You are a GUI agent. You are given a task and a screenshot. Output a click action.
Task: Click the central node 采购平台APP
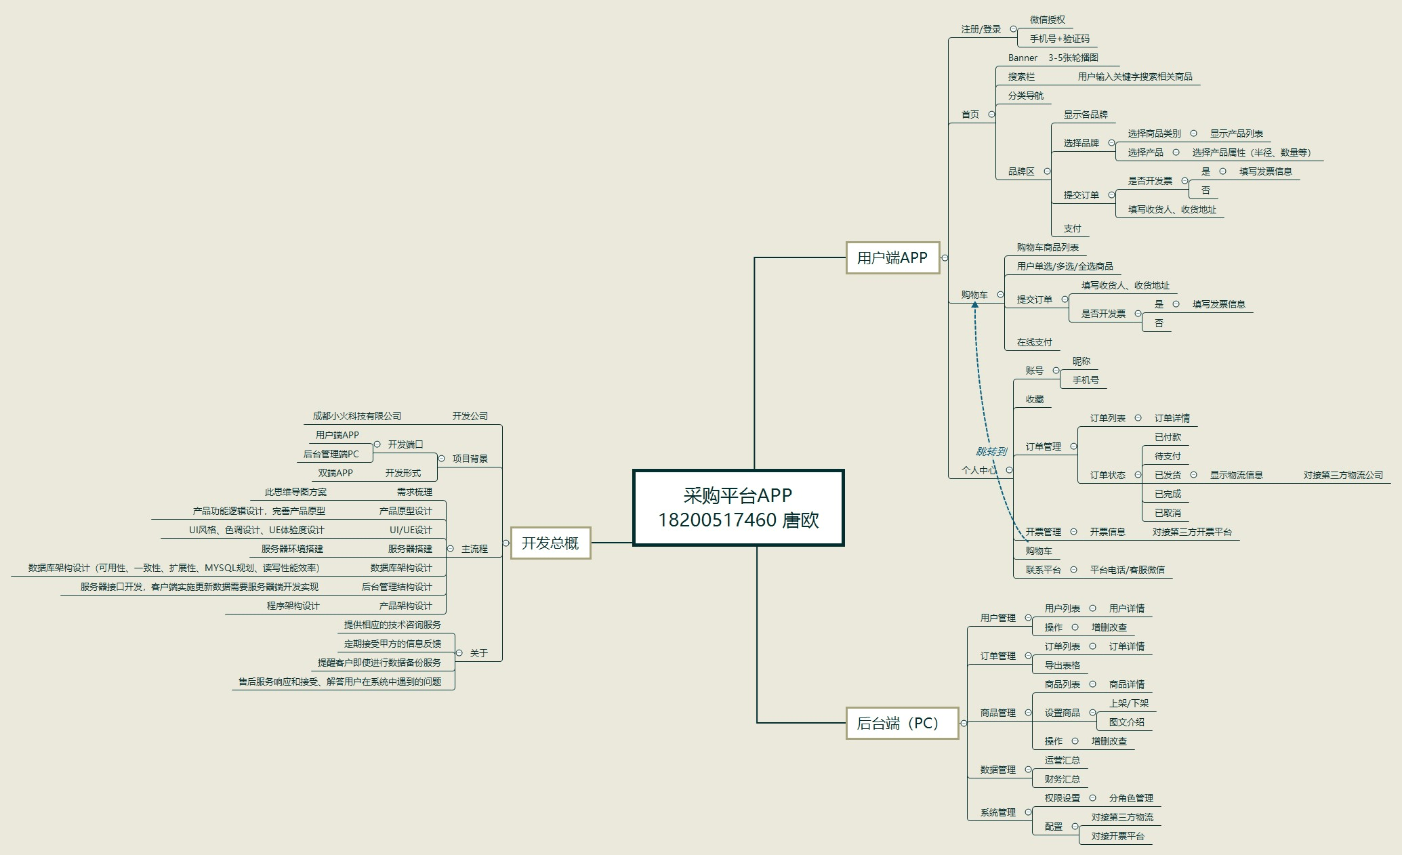738,507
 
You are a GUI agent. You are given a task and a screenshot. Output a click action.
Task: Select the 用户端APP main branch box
892,257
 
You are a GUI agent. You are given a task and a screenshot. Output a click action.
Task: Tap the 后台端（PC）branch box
901,723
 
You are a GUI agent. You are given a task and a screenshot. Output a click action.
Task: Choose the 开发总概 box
550,543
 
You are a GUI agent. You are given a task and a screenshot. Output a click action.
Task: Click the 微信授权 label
1047,20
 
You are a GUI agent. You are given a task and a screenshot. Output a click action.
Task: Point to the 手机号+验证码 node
1059,39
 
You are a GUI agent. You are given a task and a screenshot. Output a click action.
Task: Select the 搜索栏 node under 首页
1021,77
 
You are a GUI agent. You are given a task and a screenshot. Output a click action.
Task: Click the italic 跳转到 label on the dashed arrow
990,451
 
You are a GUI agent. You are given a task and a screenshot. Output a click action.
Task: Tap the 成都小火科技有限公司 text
356,416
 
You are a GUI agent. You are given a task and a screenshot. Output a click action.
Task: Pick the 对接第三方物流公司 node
1342,475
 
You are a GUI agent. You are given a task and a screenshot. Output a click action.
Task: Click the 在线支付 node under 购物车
1034,342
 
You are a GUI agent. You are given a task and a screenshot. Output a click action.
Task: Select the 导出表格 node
1062,665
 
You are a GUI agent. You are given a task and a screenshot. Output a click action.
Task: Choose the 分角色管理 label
1130,798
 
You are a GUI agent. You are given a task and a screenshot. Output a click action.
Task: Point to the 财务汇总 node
1062,779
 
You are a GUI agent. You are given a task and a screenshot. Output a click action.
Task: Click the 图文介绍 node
1126,722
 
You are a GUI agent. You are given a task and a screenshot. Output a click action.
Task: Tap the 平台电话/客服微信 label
1127,570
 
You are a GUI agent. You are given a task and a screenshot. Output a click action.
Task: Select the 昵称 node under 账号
1081,361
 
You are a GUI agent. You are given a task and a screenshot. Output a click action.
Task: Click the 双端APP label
335,473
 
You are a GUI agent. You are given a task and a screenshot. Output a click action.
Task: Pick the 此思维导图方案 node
295,492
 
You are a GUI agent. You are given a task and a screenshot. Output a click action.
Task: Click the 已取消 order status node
1168,513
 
